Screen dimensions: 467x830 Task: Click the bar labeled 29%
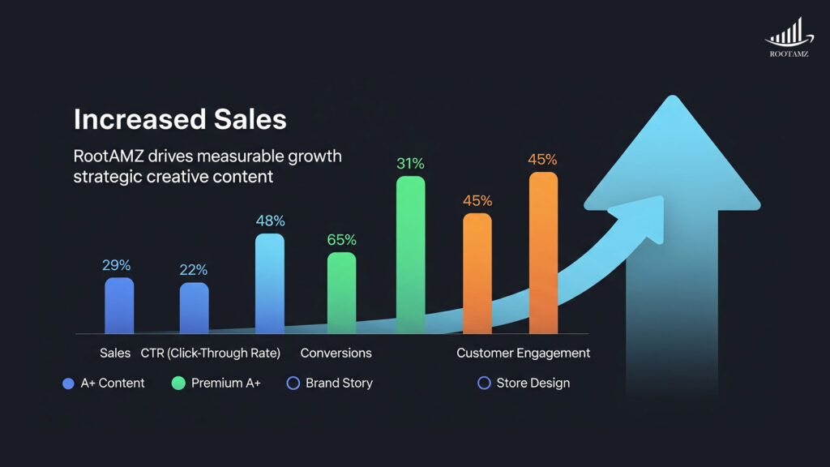pyautogui.click(x=119, y=306)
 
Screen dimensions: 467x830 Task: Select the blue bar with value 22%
pyautogui.click(x=194, y=308)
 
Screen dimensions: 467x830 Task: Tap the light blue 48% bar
pyautogui.click(x=270, y=284)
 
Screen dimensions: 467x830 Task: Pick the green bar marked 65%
pyautogui.click(x=341, y=293)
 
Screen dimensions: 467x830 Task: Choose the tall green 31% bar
pyautogui.click(x=410, y=255)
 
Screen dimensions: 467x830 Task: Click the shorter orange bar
pyautogui.click(x=477, y=273)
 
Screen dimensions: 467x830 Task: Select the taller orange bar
pyautogui.click(x=543, y=252)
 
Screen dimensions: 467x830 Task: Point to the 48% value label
pyautogui.click(x=270, y=221)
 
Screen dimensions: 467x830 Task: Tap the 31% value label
pyautogui.click(x=410, y=164)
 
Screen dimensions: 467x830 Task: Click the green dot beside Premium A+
pyautogui.click(x=178, y=383)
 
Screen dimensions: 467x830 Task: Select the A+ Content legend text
pyautogui.click(x=113, y=383)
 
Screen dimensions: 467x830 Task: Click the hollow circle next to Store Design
pyautogui.click(x=484, y=383)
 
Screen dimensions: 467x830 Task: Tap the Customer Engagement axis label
pyautogui.click(x=523, y=353)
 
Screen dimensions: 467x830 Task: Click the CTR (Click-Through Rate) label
pyautogui.click(x=210, y=353)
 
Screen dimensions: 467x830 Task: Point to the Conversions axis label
pyautogui.click(x=336, y=353)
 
